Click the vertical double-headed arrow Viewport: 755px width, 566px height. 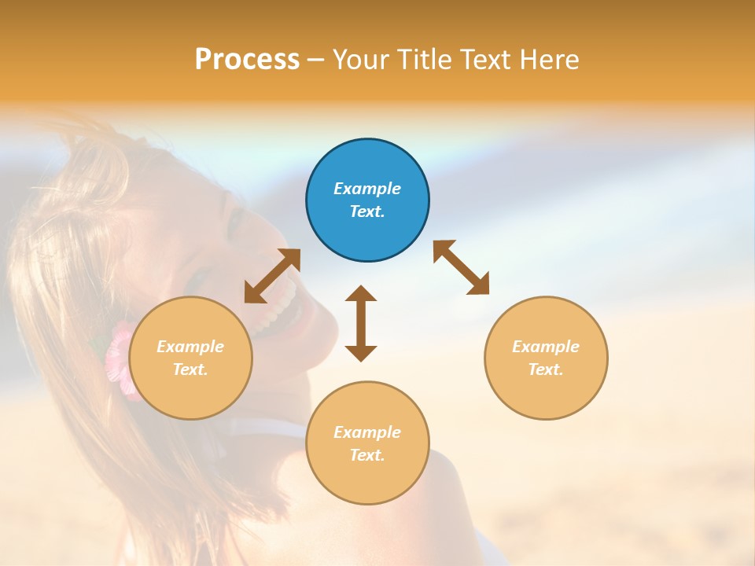[361, 323]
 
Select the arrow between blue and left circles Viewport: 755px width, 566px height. [272, 276]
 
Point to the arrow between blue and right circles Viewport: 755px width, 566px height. [462, 267]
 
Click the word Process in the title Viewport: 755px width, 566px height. [247, 60]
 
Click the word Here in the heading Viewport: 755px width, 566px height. [550, 60]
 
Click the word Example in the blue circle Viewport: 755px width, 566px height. [367, 189]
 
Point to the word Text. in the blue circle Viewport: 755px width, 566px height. [367, 211]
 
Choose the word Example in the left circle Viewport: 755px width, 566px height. [190, 347]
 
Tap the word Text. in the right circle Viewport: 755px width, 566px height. [546, 369]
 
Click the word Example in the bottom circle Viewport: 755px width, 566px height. [367, 432]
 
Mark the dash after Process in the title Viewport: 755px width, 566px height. [315, 60]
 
